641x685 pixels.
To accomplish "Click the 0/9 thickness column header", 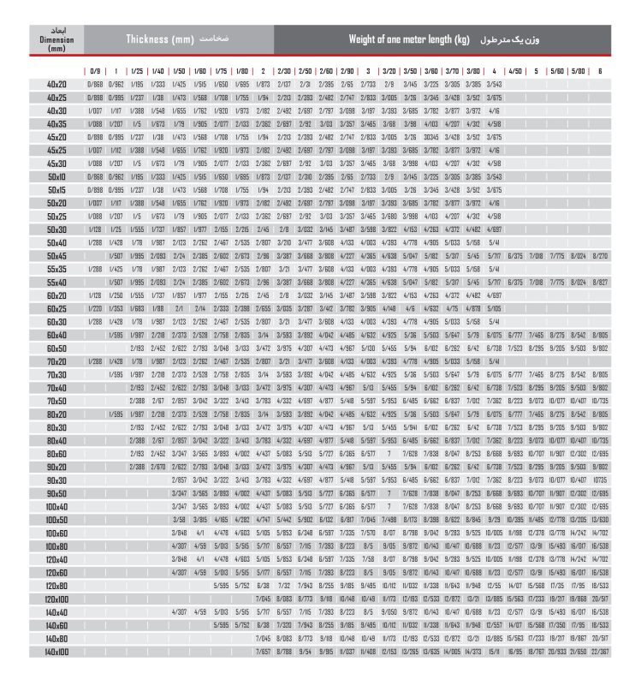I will (x=94, y=70).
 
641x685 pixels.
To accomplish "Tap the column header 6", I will (x=600, y=70).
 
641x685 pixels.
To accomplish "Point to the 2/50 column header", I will (x=305, y=70).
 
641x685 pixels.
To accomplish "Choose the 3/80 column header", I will (x=473, y=70).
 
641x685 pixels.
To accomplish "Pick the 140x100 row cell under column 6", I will (x=600, y=652).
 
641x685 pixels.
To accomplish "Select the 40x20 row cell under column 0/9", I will (x=94, y=84).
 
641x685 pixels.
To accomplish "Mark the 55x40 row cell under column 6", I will (x=600, y=282).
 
